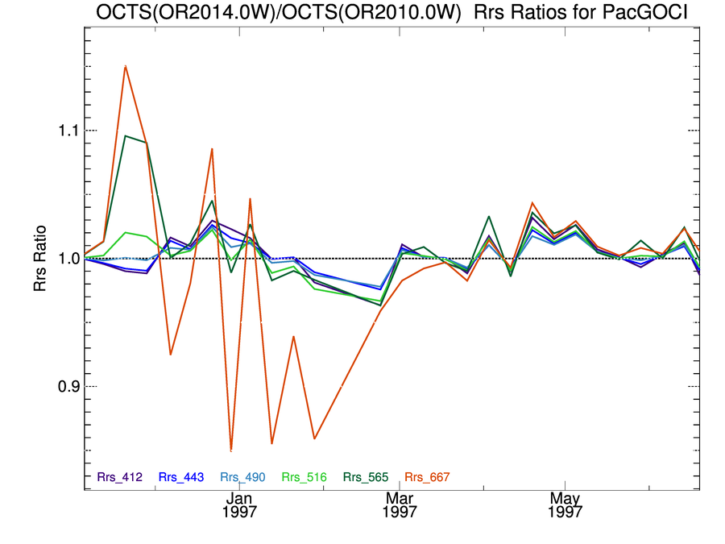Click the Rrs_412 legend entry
pyautogui.click(x=120, y=477)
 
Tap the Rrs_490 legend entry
pyautogui.click(x=242, y=477)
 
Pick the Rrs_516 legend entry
pyautogui.click(x=304, y=477)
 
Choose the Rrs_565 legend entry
pyautogui.click(x=366, y=477)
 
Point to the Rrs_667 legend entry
pyautogui.click(x=427, y=477)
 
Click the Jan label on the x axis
pyautogui.click(x=240, y=497)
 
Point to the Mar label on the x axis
pyautogui.click(x=400, y=497)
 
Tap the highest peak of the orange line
pyautogui.click(x=125, y=66)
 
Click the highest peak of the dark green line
pyautogui.click(x=126, y=135)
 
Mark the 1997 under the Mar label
pyautogui.click(x=400, y=512)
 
